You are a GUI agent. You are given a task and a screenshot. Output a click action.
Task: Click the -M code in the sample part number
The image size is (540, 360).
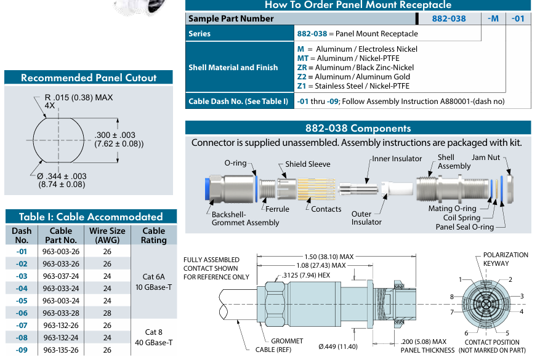click(493, 18)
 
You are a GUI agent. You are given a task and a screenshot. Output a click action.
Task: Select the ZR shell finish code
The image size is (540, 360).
click(302, 67)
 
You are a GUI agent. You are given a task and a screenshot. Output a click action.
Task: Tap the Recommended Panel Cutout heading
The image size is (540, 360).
click(89, 78)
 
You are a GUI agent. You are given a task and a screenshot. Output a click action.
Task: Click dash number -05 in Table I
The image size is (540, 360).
click(22, 301)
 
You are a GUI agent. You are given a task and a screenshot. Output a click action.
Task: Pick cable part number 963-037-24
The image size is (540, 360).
click(60, 276)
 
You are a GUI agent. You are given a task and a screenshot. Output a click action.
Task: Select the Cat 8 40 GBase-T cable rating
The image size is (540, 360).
click(153, 337)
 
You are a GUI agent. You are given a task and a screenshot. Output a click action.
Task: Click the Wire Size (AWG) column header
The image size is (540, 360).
click(107, 236)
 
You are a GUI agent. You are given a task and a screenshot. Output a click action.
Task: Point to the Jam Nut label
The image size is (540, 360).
click(485, 158)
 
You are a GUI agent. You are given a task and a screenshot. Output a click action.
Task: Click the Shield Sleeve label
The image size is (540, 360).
click(307, 164)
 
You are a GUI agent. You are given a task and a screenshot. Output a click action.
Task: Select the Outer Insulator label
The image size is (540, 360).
click(366, 218)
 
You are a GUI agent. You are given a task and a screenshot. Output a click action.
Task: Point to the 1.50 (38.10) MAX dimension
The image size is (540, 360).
click(329, 257)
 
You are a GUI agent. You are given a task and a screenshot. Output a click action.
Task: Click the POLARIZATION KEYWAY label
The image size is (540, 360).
click(505, 259)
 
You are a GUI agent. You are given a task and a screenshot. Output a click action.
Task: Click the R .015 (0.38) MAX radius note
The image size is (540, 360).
click(79, 98)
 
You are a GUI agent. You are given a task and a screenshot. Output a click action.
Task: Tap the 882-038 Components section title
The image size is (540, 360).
click(358, 128)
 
